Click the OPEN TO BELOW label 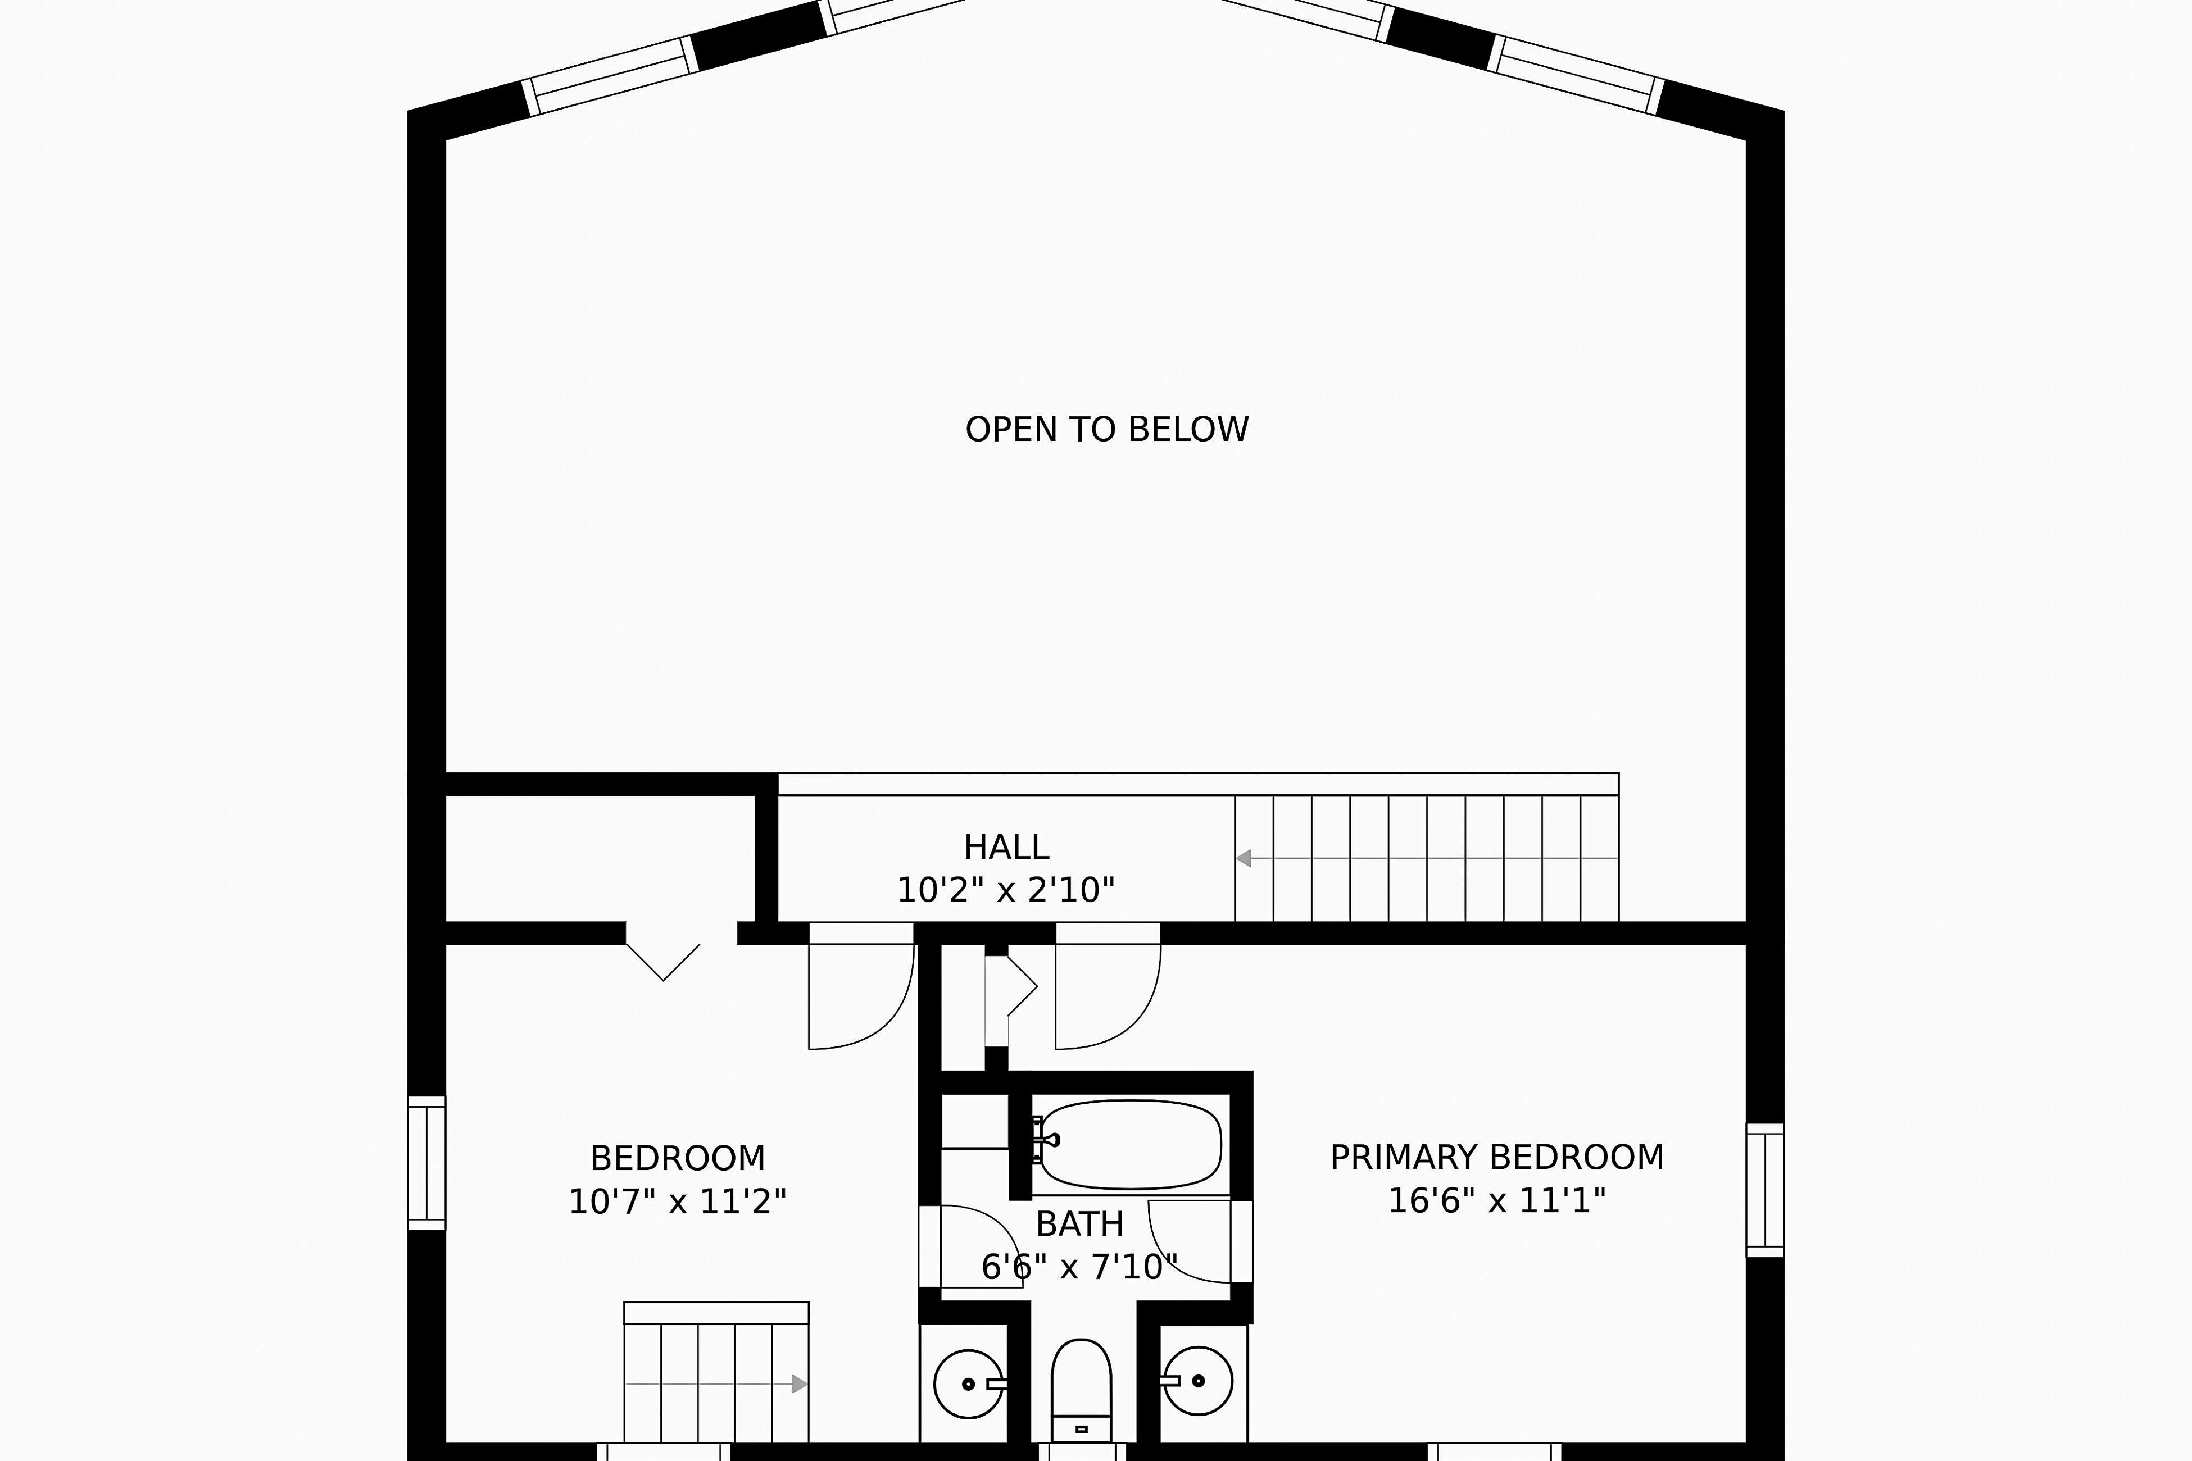click(1106, 430)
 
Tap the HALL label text click(1006, 847)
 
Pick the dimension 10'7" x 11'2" click(678, 1202)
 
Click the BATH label click(1079, 1223)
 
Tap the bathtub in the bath click(1129, 1144)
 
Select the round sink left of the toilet click(968, 1383)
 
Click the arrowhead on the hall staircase click(1244, 858)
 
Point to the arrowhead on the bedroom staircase click(798, 1383)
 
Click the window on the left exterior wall click(427, 1163)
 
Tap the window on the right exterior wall click(1764, 1190)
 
